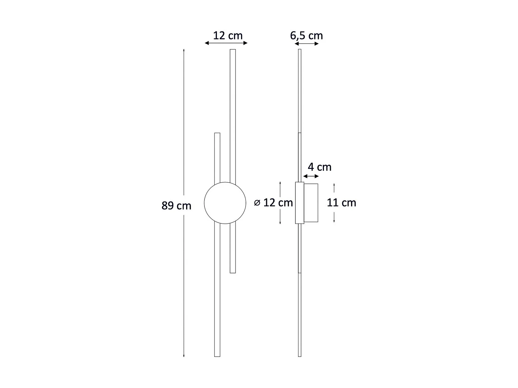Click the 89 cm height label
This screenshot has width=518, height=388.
176,206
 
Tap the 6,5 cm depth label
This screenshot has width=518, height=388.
306,36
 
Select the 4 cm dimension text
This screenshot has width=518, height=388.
319,167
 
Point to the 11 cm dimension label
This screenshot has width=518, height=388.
341,202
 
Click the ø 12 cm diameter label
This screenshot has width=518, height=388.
274,202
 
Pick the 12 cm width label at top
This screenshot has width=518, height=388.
228,36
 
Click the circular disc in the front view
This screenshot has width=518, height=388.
225,203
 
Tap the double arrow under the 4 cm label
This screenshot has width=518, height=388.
311,176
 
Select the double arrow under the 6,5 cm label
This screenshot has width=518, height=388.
306,44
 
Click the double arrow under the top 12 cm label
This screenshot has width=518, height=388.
226,43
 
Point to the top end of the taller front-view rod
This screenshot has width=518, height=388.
233,50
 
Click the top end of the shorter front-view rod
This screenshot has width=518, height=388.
217,134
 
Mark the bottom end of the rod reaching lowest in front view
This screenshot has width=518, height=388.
217,356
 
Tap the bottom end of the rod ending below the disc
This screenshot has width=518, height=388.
233,272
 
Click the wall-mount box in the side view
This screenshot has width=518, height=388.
311,203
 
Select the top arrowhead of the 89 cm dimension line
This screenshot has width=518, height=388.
184,50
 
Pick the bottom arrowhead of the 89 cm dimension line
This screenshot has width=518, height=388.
184,356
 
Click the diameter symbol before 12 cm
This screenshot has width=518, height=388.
257,203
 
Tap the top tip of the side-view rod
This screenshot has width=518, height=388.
299,50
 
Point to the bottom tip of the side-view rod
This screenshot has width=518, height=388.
299,356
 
